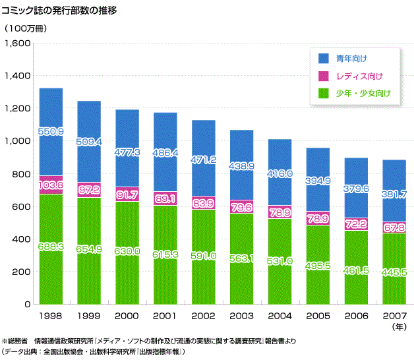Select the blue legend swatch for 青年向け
point(323,59)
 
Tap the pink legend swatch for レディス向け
point(323,76)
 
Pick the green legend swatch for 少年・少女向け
point(323,93)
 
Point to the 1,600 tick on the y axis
point(18,44)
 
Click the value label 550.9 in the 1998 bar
point(51,132)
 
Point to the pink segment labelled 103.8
point(51,185)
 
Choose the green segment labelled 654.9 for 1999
point(89,251)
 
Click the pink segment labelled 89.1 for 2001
point(165,196)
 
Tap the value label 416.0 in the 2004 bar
point(280,173)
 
